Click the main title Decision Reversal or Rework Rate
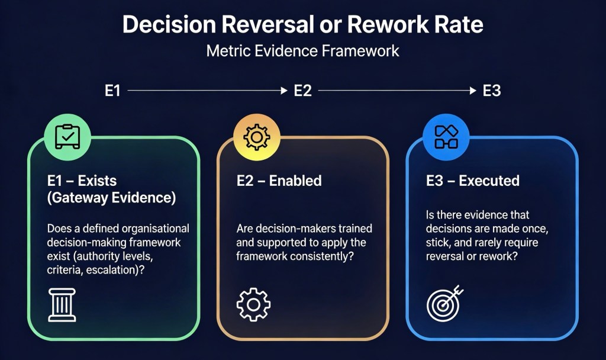302,25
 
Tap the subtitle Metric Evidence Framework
302,51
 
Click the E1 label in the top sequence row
112,91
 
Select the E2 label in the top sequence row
302,91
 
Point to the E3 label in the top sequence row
492,91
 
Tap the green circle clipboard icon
67,137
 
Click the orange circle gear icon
257,137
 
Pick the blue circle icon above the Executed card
446,137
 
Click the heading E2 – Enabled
279,181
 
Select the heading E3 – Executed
472,181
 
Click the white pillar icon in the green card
62,304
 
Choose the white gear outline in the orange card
253,304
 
